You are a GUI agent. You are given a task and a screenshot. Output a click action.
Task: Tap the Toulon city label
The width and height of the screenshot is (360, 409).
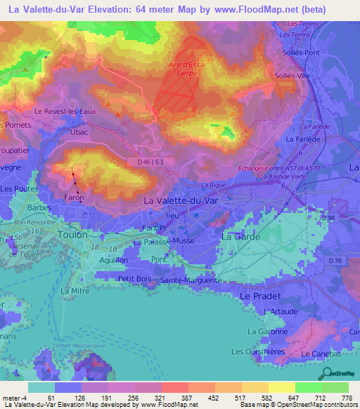pyautogui.click(x=74, y=235)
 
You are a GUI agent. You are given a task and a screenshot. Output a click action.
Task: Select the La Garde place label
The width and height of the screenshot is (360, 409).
pyautogui.click(x=241, y=238)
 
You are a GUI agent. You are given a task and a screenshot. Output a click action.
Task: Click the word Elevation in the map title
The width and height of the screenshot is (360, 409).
pyautogui.click(x=108, y=9)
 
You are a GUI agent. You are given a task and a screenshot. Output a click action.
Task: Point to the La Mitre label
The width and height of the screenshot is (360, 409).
pyautogui.click(x=75, y=290)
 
